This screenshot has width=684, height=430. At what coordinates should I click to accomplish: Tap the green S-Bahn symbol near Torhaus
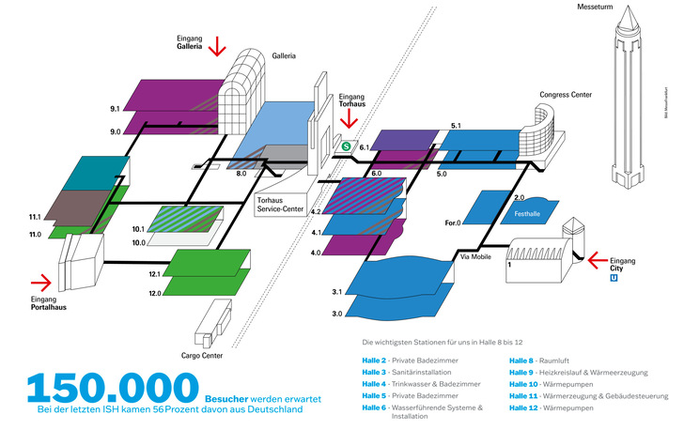[x=346, y=146]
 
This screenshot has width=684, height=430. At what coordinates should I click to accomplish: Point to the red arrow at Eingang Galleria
[x=218, y=44]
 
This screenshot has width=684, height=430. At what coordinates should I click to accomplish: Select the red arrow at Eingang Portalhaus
[x=41, y=280]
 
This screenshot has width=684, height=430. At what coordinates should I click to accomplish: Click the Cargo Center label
[x=202, y=356]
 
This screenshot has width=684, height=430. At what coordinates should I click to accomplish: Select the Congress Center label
[x=566, y=95]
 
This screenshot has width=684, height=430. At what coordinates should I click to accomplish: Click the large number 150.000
[x=113, y=388]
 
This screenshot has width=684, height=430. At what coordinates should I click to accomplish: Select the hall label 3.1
[x=336, y=293]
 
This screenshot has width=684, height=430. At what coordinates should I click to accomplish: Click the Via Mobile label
[x=475, y=256]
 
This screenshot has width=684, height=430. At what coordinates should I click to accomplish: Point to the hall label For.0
[x=453, y=223]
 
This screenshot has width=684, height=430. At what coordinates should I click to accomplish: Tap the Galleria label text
[x=284, y=56]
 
